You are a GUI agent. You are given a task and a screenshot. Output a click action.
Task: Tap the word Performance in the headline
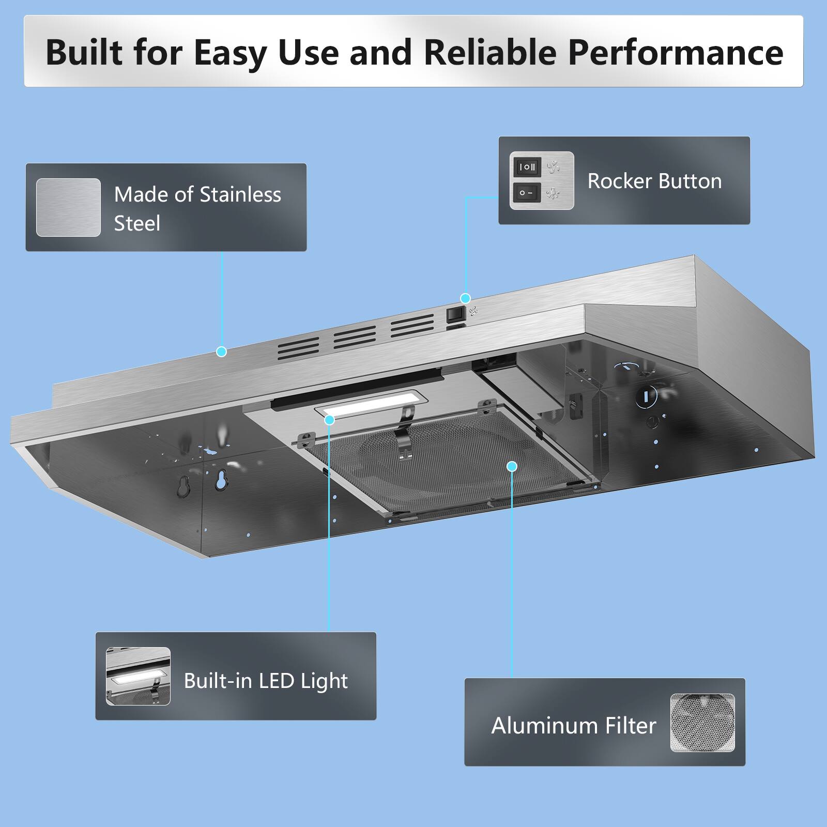pyautogui.click(x=676, y=52)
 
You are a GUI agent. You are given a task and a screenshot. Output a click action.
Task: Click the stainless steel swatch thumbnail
pyautogui.click(x=68, y=207)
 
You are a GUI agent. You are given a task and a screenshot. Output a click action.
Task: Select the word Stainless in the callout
pyautogui.click(x=240, y=195)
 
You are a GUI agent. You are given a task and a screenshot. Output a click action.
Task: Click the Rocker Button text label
pyautogui.click(x=654, y=181)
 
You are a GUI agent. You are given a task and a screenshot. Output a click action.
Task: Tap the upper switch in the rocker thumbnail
pyautogui.click(x=527, y=167)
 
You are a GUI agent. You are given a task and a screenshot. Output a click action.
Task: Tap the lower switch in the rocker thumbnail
pyautogui.click(x=527, y=193)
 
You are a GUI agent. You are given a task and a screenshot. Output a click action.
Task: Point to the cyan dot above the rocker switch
pyautogui.click(x=465, y=298)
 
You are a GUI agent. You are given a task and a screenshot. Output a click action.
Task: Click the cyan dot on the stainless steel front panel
pyautogui.click(x=222, y=352)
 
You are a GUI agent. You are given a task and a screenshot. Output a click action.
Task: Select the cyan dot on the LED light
pyautogui.click(x=330, y=420)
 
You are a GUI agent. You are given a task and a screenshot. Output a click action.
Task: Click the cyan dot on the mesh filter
pyautogui.click(x=512, y=467)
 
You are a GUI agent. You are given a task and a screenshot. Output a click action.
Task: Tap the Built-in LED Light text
pyautogui.click(x=266, y=681)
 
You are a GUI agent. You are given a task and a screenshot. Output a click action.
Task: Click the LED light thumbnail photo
pyautogui.click(x=138, y=676)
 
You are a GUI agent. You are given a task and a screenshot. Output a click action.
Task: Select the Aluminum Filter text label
pyautogui.click(x=573, y=726)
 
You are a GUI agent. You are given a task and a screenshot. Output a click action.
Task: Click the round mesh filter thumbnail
pyautogui.click(x=702, y=723)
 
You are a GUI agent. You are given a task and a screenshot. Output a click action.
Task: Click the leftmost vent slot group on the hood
pyautogui.click(x=299, y=349)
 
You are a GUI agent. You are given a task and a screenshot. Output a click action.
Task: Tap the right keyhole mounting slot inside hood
pyautogui.click(x=222, y=480)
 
